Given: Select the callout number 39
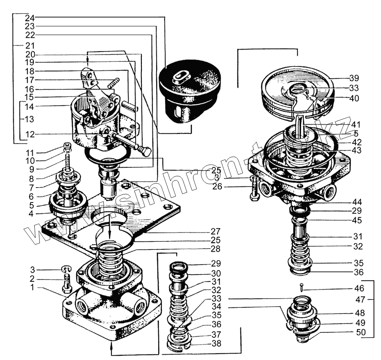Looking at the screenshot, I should (x=354, y=78).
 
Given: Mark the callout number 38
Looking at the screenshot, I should (x=216, y=344).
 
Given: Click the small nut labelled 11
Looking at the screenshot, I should (x=66, y=147).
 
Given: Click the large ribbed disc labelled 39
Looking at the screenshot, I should (x=296, y=93).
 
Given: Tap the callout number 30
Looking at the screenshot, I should (x=216, y=273).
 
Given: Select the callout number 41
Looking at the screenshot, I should (x=355, y=125).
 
